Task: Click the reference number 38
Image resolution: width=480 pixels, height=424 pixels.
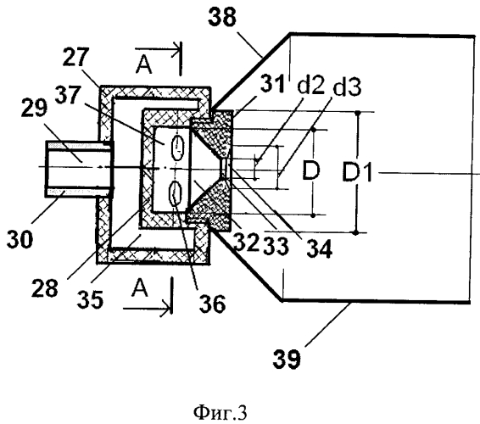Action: [x=222, y=18]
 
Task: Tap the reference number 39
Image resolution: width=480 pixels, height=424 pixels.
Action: [x=287, y=359]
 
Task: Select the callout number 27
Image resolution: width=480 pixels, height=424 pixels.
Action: [x=76, y=57]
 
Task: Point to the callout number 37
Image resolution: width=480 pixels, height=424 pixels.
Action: [x=67, y=95]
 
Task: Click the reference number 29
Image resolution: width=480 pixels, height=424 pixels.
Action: [x=34, y=108]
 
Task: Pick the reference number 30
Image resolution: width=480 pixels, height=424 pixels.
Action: [x=20, y=239]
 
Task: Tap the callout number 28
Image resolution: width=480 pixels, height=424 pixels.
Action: [x=45, y=288]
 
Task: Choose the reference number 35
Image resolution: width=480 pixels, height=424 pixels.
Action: [x=90, y=299]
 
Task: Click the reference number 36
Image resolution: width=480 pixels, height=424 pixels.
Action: [x=213, y=304]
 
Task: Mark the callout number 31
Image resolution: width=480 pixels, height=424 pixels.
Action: [x=273, y=83]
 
